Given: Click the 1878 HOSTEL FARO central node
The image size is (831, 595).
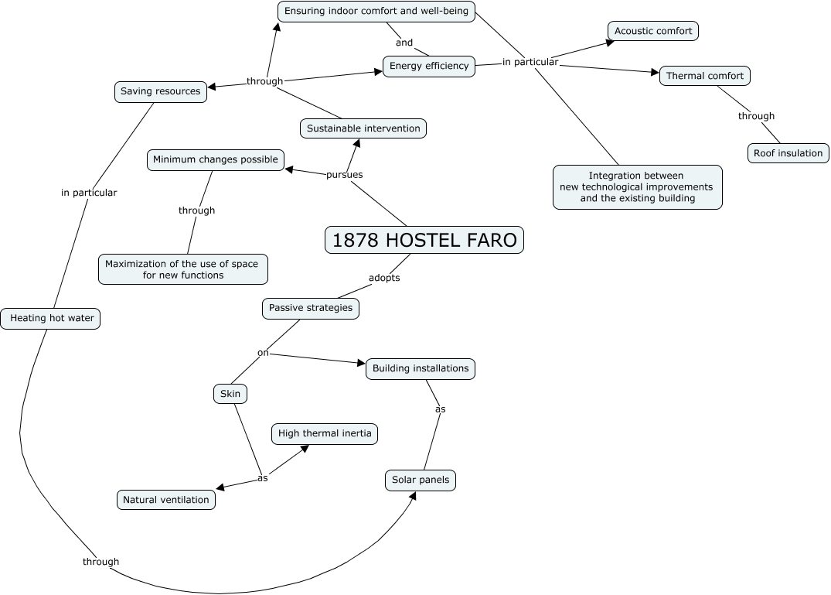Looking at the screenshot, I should (424, 240).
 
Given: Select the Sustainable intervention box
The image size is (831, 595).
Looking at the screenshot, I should (363, 128).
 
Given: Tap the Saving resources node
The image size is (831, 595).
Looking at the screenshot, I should (160, 91).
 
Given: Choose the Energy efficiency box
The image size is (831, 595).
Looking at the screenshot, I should (429, 66).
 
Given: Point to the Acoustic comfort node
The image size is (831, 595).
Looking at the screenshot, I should (653, 31).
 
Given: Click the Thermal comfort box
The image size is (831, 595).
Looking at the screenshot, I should (705, 76).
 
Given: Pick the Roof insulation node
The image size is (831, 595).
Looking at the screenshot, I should (788, 153).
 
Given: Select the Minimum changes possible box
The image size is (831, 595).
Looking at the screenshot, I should (216, 160).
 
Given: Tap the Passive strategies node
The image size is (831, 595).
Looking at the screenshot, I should (311, 308).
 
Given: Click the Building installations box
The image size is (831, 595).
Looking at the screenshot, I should (421, 368).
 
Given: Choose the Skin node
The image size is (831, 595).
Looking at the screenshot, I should (230, 394).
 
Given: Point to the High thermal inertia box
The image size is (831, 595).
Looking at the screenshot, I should (325, 433).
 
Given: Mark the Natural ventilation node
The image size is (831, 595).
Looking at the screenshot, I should (166, 500).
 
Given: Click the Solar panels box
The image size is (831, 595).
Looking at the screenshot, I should (421, 480).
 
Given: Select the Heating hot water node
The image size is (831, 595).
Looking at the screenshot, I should (52, 318).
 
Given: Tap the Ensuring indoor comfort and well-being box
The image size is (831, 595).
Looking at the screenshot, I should (376, 11).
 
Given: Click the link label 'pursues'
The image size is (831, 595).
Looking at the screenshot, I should (344, 175).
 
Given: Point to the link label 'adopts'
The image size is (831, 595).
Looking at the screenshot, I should (384, 278).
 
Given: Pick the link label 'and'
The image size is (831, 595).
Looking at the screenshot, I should (404, 43).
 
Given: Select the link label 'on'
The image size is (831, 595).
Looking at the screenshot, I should (263, 353).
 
